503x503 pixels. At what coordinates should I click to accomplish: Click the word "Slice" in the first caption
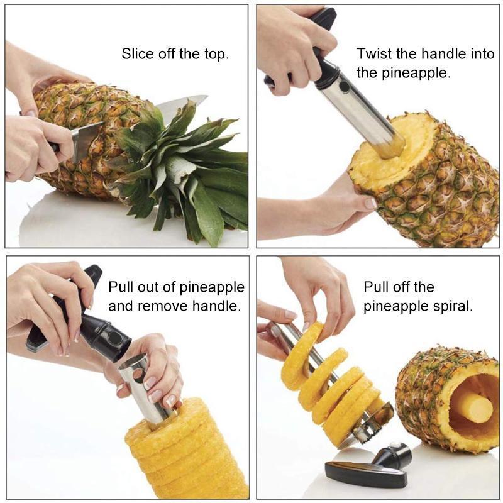[137, 53]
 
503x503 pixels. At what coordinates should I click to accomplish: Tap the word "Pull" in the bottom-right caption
[375, 287]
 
